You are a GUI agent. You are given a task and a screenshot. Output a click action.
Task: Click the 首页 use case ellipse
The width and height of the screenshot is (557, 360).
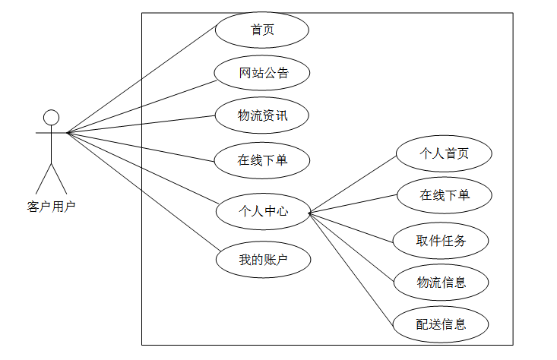(262, 30)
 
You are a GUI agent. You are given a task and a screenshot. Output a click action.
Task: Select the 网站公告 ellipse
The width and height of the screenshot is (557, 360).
(262, 74)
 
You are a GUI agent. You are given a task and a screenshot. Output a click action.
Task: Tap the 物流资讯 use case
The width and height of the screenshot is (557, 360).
(262, 116)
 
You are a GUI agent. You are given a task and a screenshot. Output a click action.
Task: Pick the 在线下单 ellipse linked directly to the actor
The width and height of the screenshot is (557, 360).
(262, 160)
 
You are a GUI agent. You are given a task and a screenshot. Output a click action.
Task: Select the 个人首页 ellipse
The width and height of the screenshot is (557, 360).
(444, 153)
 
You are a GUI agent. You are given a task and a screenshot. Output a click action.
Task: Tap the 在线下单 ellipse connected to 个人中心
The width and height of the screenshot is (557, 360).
(444, 195)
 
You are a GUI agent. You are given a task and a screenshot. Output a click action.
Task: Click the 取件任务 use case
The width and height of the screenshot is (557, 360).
(441, 242)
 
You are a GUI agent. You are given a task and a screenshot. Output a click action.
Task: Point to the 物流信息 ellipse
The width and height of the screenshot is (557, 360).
(441, 283)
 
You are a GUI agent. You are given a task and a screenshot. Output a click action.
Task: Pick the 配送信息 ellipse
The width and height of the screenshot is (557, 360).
(441, 324)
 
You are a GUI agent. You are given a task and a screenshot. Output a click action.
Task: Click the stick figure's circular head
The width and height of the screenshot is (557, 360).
(51, 117)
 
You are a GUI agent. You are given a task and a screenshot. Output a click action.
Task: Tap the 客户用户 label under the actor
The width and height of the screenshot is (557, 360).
(51, 205)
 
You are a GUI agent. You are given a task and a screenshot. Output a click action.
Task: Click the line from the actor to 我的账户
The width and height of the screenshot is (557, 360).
(144, 192)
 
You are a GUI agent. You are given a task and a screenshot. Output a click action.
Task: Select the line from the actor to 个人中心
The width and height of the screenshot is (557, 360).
(144, 169)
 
